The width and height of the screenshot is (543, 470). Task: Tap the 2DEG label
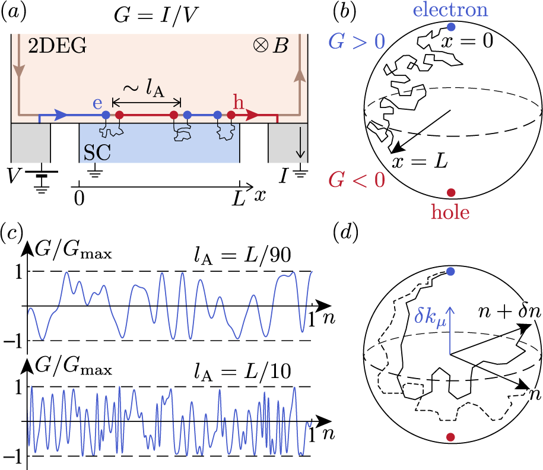57,46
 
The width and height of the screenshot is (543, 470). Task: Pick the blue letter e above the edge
99,103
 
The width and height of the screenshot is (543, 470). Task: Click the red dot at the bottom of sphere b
451,192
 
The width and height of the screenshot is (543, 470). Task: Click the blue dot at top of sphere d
450,271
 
